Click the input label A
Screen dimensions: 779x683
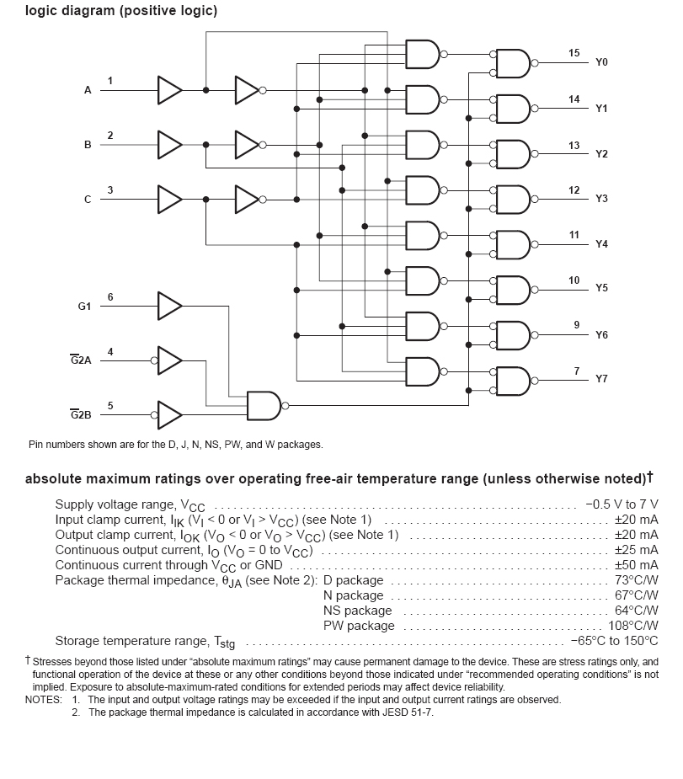point(88,90)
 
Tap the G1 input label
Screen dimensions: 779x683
point(84,307)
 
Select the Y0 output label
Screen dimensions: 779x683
point(601,63)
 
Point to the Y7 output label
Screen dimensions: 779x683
point(601,379)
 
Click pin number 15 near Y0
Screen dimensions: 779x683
point(574,53)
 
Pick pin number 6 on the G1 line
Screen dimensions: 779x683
point(110,297)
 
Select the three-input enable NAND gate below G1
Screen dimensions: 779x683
point(264,405)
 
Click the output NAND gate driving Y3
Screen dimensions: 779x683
point(513,199)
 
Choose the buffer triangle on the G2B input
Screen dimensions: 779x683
point(170,414)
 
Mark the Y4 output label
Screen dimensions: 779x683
point(601,244)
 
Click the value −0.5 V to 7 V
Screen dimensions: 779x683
point(622,504)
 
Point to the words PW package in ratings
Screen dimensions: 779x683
point(359,626)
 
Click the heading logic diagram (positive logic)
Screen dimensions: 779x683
point(121,11)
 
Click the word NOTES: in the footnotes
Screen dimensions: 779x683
point(44,700)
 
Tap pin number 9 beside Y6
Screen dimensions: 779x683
point(576,325)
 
